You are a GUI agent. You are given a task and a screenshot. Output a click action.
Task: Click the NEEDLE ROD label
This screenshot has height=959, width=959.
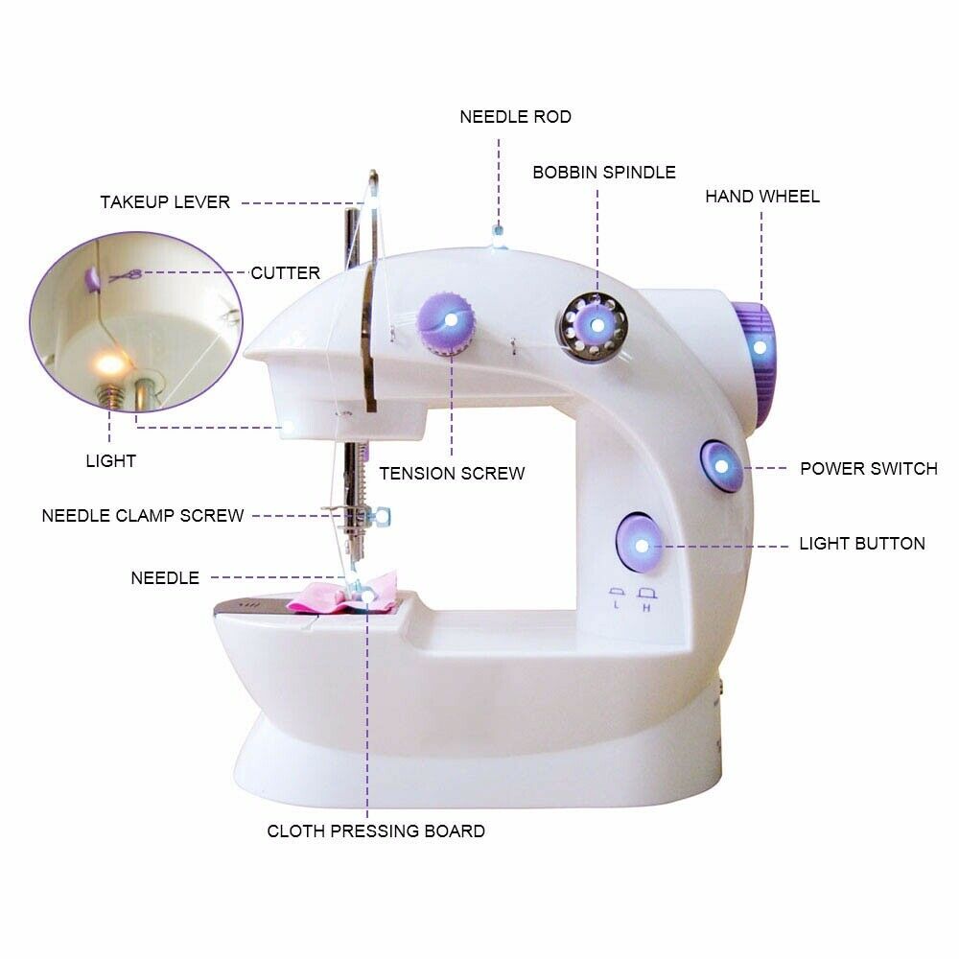point(515,117)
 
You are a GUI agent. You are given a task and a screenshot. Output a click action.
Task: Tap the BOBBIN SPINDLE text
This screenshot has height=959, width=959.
point(604,173)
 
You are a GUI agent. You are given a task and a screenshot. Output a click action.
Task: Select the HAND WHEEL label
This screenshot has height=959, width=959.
point(762,197)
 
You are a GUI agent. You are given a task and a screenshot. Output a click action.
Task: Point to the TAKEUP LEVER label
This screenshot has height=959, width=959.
point(165,201)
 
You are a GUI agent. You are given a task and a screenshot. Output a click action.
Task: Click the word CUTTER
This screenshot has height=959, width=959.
point(285,272)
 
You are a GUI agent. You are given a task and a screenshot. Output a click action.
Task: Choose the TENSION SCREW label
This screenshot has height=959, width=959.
point(452,474)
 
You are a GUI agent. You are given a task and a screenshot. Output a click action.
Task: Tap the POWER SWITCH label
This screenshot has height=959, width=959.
point(869,469)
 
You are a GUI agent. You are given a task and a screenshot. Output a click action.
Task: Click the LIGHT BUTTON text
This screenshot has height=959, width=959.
point(862,544)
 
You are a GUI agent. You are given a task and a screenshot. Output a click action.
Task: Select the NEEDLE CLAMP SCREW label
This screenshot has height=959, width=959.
point(143,516)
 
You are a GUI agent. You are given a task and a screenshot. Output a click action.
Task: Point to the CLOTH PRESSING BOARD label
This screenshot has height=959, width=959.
point(376,831)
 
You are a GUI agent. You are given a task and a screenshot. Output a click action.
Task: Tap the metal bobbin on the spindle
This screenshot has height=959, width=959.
point(594,327)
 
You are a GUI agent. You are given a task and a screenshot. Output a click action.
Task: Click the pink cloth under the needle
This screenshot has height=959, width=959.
point(345,594)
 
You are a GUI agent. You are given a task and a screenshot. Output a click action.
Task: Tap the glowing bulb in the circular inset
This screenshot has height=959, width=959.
point(110,365)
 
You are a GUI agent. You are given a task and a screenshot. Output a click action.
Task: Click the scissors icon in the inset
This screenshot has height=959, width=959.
point(126,276)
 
